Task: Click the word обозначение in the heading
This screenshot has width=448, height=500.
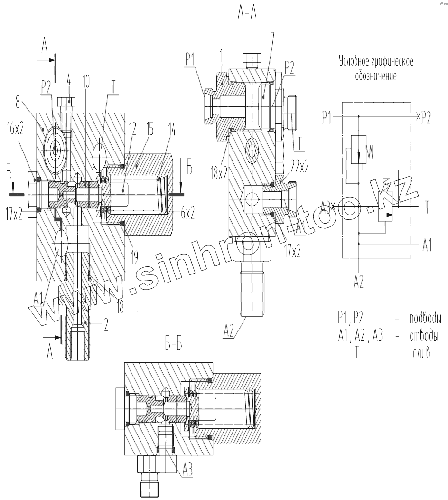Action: (x=375, y=76)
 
